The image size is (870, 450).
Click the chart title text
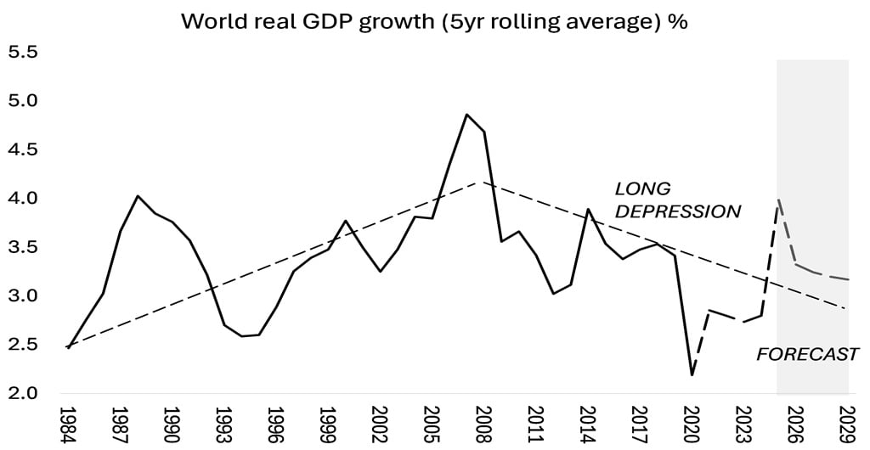(434, 21)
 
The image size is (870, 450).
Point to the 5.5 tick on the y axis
(23, 53)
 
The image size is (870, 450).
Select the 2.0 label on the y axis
(23, 393)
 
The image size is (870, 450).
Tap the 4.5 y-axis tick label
(23, 149)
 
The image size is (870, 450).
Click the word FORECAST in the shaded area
(807, 354)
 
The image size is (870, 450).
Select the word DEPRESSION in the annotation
(677, 211)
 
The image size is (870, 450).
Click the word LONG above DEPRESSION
(642, 188)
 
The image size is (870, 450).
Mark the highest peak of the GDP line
(466, 114)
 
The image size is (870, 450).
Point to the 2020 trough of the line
(692, 374)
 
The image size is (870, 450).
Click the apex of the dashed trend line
(483, 182)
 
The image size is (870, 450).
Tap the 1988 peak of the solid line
(137, 196)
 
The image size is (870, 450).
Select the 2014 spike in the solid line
(589, 209)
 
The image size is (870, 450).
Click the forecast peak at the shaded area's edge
(779, 200)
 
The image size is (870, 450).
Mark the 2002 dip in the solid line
(380, 272)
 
